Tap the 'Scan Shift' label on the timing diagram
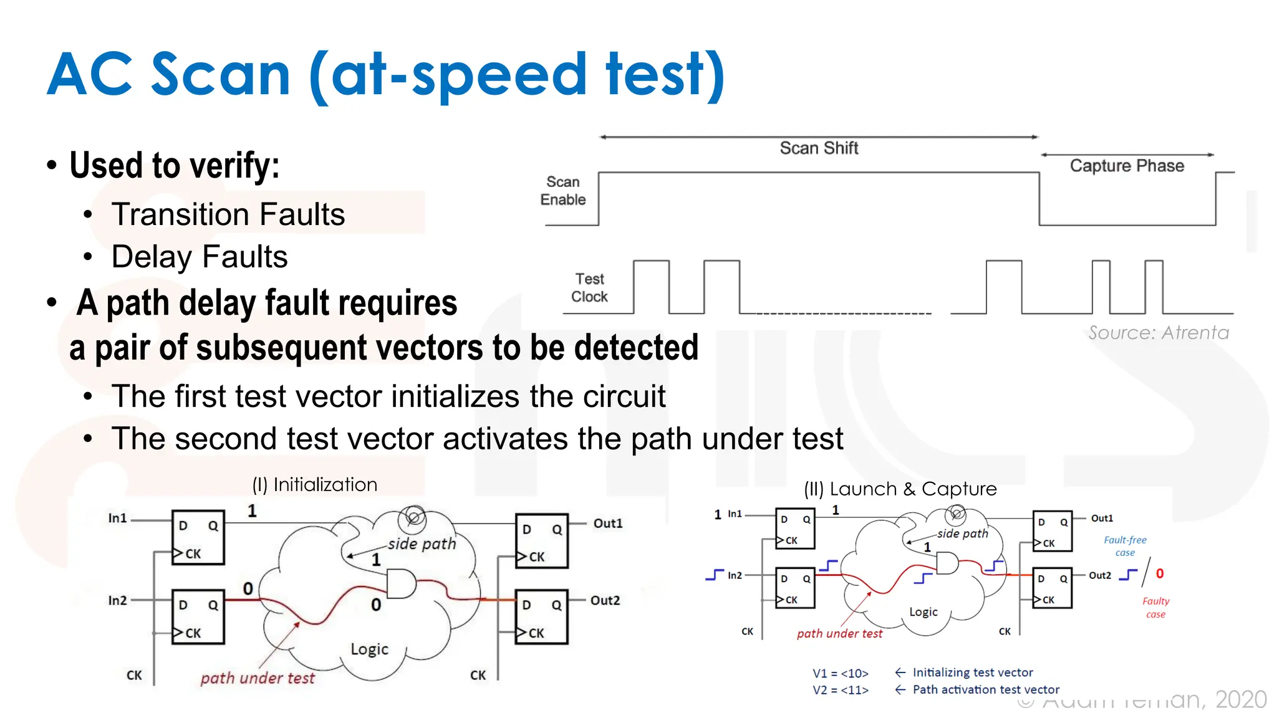tap(819, 148)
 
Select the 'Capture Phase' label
tap(1127, 166)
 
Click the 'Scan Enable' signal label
tap(563, 191)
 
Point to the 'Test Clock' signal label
tap(589, 288)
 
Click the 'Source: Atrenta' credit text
tap(1159, 333)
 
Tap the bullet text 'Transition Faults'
tap(228, 214)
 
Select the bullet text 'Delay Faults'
tap(200, 257)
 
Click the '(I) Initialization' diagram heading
tap(315, 485)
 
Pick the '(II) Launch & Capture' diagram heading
tap(900, 489)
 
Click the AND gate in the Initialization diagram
tap(401, 584)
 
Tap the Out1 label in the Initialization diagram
tap(608, 524)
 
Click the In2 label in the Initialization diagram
tap(117, 600)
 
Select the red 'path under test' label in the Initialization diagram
tap(258, 678)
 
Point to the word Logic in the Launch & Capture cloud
tap(923, 612)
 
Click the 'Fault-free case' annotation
tap(1125, 546)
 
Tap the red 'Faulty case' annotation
tap(1155, 608)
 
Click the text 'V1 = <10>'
tap(841, 674)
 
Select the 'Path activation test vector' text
tap(986, 690)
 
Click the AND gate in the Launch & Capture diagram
tap(947, 563)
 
